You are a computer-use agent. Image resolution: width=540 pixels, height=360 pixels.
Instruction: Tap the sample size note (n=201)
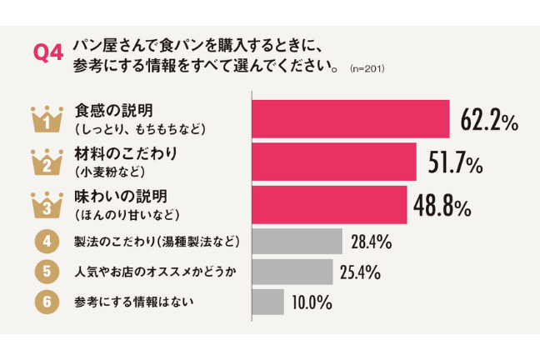[367, 66]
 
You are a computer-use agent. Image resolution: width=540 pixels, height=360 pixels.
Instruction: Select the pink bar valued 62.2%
[351, 120]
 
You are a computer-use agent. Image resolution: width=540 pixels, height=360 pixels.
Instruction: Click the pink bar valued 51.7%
[333, 162]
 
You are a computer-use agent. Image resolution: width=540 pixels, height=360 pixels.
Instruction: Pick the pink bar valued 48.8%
[329, 204]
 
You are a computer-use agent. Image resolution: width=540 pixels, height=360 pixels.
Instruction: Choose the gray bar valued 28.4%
[297, 241]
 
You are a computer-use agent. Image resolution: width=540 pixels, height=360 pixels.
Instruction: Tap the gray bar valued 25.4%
[292, 272]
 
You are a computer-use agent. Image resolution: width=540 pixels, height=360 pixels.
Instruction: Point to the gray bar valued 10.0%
[267, 302]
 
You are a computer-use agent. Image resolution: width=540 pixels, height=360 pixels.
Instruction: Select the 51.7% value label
[455, 163]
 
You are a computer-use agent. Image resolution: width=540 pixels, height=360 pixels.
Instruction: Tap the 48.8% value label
[447, 205]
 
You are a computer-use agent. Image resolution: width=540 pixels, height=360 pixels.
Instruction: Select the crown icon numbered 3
[47, 205]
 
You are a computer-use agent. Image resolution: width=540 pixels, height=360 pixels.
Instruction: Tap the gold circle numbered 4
[47, 242]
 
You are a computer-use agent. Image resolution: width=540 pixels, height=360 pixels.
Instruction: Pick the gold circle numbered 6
[47, 302]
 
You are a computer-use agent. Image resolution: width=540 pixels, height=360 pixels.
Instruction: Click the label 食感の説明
[113, 110]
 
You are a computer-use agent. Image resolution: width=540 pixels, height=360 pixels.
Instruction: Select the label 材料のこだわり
[126, 153]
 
